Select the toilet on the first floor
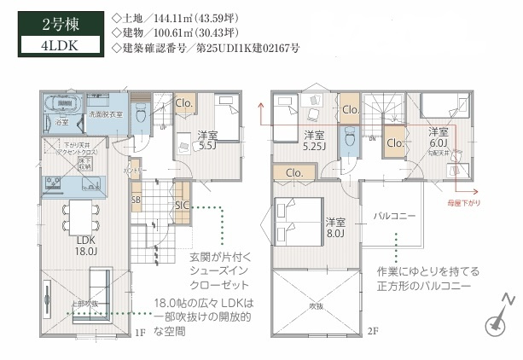tap(142, 119)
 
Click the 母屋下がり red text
tap(463, 203)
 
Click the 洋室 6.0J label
tap(439, 137)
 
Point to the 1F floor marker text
tap(140, 333)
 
